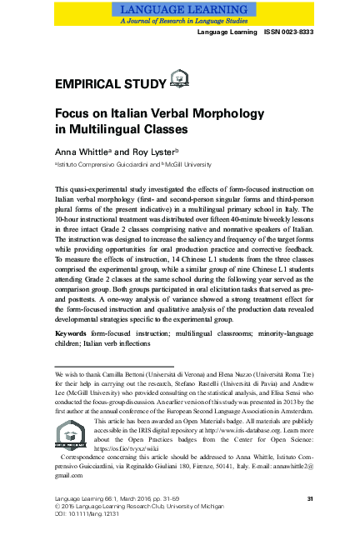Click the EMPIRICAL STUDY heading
coord(109,84)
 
